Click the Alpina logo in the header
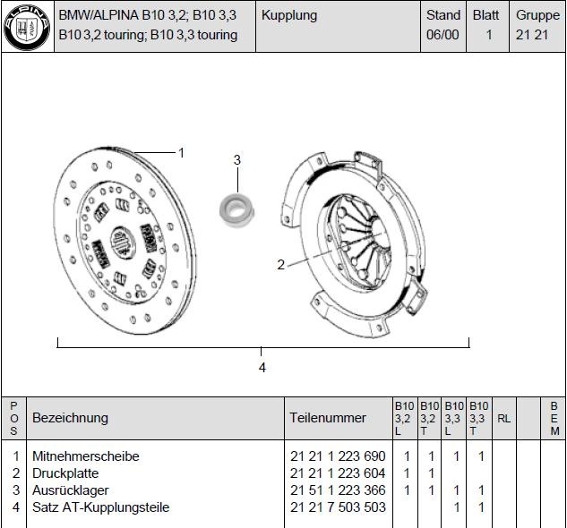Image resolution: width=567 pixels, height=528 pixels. coord(27,28)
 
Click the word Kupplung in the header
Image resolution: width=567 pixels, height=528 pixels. coord(289,15)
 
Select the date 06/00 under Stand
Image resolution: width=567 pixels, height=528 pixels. coord(442,35)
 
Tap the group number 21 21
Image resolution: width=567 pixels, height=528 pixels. coord(532,35)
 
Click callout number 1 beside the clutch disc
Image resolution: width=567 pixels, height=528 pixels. coord(182,153)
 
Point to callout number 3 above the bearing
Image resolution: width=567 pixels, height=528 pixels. coord(236,159)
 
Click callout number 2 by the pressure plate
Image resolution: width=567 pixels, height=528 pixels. coord(281,265)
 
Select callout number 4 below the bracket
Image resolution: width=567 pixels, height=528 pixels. coord(262,368)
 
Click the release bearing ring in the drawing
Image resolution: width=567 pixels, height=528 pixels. coord(236,210)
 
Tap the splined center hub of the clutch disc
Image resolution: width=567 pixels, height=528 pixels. coord(122,241)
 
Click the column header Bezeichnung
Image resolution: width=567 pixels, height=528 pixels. coord(70,418)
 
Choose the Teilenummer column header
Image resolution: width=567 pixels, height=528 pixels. coord(328,418)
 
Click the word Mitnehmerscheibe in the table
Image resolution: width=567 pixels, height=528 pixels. coord(86,456)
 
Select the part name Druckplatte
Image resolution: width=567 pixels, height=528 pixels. coord(65,473)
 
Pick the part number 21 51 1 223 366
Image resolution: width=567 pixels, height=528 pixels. coord(338,490)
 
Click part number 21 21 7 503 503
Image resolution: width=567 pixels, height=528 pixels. coord(338,507)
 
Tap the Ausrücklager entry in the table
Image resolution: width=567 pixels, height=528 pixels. coord(71,490)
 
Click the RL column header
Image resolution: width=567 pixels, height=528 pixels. coord(504,419)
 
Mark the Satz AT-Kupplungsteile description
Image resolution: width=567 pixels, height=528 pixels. coord(100,507)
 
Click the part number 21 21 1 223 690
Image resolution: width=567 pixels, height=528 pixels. coord(338,456)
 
